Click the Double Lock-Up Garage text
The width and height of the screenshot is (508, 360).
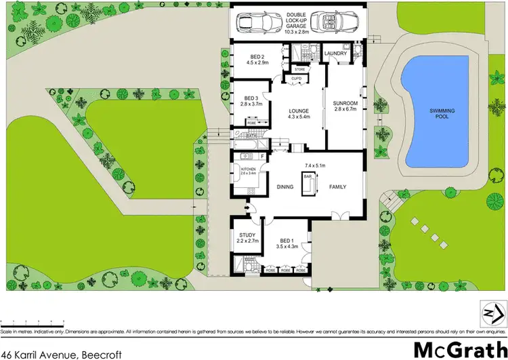tap(297, 22)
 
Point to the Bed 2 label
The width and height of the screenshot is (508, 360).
tap(251, 59)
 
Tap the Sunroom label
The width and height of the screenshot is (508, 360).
tap(345, 106)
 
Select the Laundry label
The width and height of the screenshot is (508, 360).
tap(335, 54)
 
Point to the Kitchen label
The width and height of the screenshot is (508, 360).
tap(249, 169)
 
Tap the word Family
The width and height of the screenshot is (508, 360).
tap(339, 187)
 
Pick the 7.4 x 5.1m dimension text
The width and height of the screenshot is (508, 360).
tap(315, 165)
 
